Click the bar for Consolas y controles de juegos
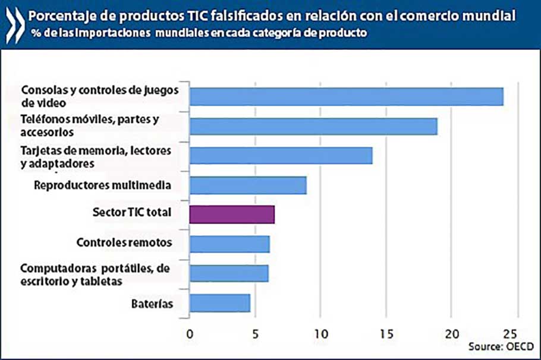click(346, 96)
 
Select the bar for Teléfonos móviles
click(313, 127)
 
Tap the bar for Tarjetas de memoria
click(281, 156)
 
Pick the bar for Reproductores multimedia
click(248, 185)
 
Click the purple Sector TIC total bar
click(232, 214)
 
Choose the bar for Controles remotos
click(229, 244)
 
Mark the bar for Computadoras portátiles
click(229, 273)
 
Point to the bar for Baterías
click(220, 302)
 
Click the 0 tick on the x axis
click(190, 333)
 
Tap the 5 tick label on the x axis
click(255, 333)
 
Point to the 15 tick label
click(386, 333)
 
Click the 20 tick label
click(452, 333)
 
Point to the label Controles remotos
click(124, 242)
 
